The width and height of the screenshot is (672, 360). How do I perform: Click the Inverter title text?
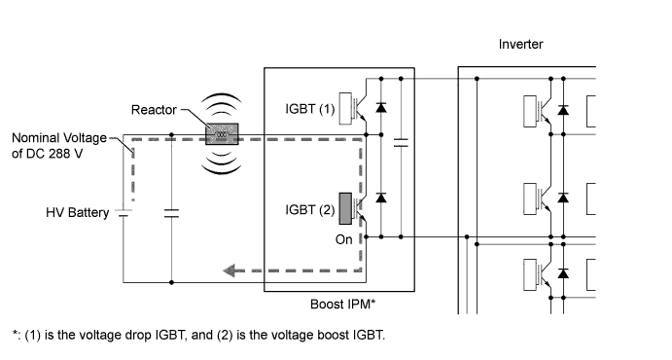tap(520, 45)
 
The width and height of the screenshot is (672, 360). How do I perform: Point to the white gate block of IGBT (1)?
tap(345, 110)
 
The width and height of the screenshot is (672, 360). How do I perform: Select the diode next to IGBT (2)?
tap(380, 198)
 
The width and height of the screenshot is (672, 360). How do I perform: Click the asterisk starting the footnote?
tap(15, 336)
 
